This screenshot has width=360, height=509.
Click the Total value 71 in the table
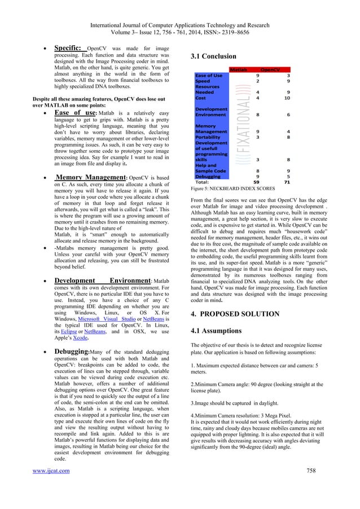287,182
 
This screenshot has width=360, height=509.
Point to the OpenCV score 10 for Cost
287,98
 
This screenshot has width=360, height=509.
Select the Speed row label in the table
202,81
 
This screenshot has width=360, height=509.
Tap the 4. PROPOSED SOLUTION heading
243,313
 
